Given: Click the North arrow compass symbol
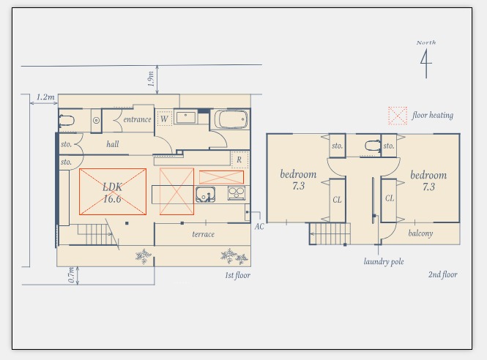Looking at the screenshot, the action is [x=426, y=64].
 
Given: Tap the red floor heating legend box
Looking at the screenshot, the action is [x=398, y=116].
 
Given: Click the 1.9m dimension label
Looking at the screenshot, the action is [x=151, y=79].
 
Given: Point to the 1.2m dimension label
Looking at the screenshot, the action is [x=45, y=97].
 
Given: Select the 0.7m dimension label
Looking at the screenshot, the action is [x=72, y=275].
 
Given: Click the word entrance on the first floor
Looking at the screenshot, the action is [x=137, y=119].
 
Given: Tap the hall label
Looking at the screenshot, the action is [x=113, y=144].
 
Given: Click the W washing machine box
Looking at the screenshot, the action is [x=164, y=119].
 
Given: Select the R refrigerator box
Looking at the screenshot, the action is [x=239, y=160].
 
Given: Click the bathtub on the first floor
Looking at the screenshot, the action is [x=231, y=119].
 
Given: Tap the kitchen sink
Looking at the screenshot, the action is [x=205, y=195].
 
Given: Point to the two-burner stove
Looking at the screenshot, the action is [x=237, y=193].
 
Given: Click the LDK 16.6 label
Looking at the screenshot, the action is [x=113, y=192].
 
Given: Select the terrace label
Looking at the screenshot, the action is [x=203, y=234].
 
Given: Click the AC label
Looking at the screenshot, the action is [x=259, y=227].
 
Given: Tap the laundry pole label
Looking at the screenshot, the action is [x=384, y=262].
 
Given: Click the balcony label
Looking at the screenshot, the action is [x=420, y=233].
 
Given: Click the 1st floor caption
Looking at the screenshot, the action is [x=237, y=275].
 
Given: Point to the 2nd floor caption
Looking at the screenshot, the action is [x=443, y=274].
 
